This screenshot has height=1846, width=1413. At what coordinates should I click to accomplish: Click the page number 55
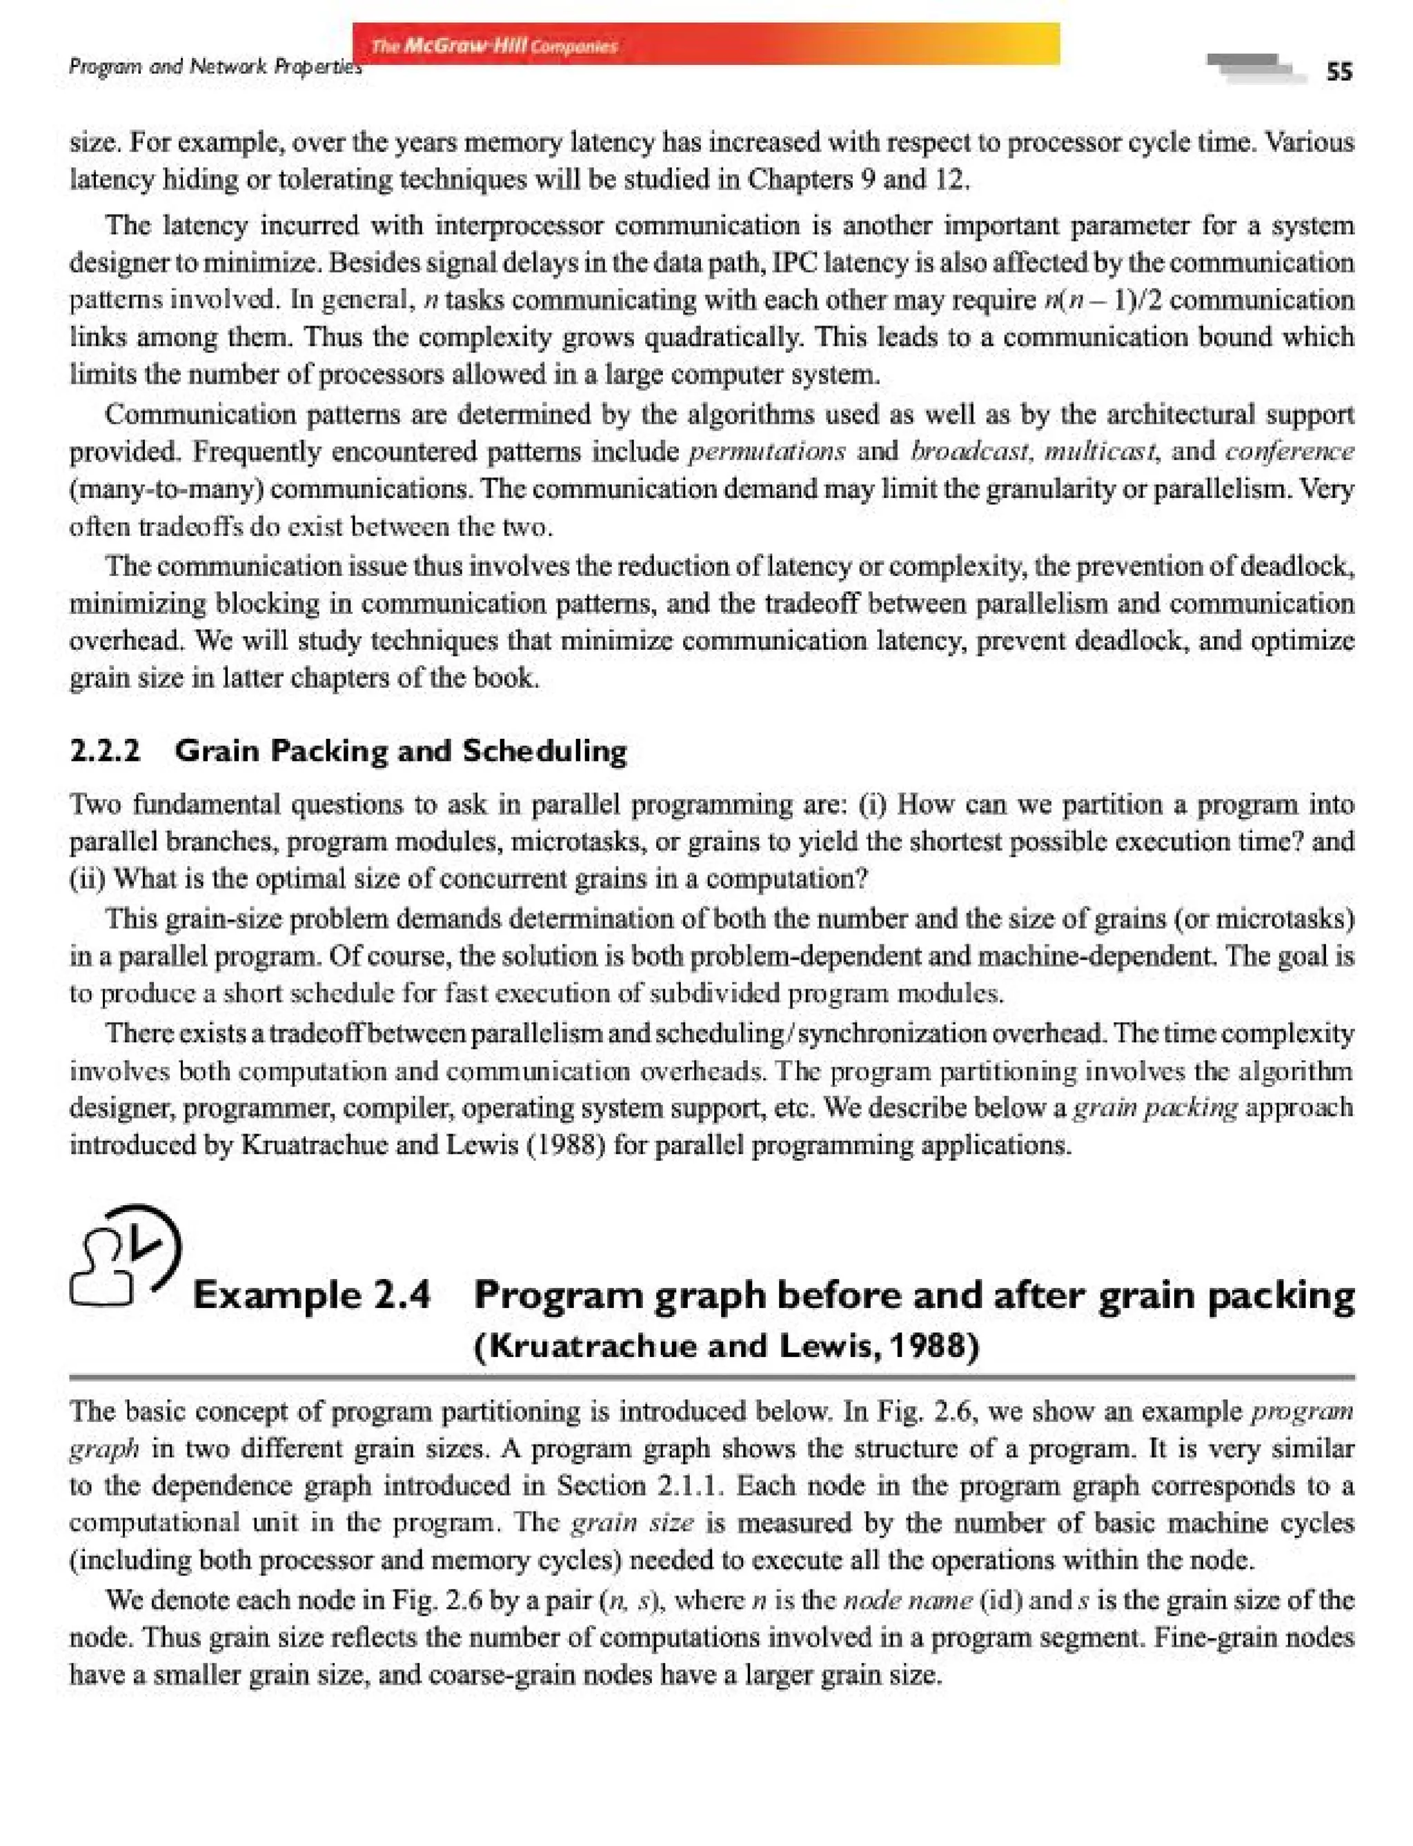(x=1339, y=72)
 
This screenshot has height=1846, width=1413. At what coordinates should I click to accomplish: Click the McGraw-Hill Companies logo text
(x=494, y=46)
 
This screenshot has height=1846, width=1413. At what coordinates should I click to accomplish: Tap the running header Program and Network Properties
(x=215, y=66)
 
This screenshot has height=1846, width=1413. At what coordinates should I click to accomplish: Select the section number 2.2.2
(x=105, y=750)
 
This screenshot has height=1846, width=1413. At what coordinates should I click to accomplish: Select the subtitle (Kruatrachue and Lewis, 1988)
(x=727, y=1347)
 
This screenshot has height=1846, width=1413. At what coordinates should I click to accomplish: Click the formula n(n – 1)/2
(x=1103, y=300)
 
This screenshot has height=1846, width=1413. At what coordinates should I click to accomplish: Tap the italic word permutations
(x=767, y=452)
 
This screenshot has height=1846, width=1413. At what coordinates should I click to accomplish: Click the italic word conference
(x=1290, y=452)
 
